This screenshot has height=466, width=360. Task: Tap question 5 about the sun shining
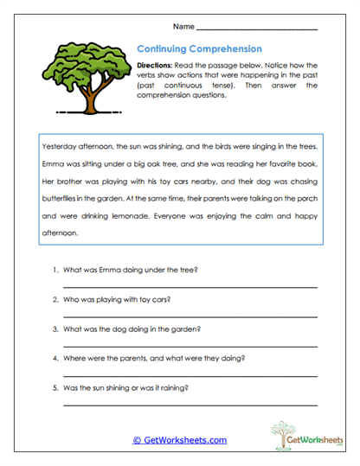pos(125,387)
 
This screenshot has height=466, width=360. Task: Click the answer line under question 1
pos(189,286)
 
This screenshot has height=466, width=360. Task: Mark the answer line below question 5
pos(189,404)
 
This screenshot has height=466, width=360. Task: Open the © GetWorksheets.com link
pos(179,439)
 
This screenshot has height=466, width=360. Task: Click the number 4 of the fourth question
pos(55,358)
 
